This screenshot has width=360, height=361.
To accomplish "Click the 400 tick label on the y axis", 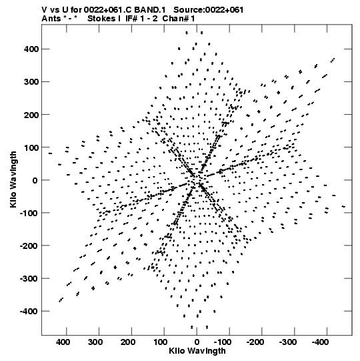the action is point(31,49).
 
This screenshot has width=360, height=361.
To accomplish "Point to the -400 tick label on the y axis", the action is point(29,311).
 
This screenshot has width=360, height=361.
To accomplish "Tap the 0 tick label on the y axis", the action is point(35,180).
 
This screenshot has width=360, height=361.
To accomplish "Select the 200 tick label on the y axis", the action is point(31,115).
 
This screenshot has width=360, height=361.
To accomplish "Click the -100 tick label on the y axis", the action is point(29,213).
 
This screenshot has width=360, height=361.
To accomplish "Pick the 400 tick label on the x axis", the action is point(63,342).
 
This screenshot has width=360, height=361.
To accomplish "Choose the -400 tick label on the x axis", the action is point(320,342).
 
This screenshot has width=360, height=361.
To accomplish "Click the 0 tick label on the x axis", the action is point(197,342).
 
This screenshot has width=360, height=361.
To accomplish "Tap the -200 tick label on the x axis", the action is point(255,342).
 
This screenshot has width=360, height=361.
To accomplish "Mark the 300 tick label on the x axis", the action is point(96,342).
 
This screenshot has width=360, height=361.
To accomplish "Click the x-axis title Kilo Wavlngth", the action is point(197,351).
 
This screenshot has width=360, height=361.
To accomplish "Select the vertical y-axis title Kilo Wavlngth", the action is point(13,179).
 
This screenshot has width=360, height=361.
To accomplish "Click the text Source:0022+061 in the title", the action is point(208,10).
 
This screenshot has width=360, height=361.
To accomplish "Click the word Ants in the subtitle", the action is point(51,19).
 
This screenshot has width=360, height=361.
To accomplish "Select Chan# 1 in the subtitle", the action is point(179,19).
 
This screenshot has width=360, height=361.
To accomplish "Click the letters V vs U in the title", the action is point(55,10).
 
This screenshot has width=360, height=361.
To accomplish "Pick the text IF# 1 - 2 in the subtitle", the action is point(142,19).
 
